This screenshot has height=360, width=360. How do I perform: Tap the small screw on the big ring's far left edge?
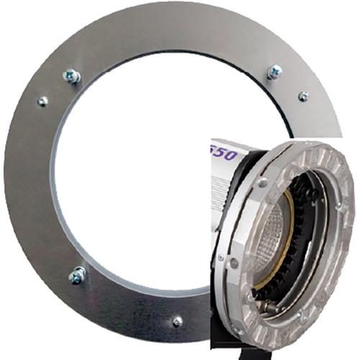(42, 102)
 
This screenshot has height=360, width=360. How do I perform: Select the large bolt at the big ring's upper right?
(274, 72)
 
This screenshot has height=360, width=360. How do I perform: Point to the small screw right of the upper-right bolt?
(303, 96)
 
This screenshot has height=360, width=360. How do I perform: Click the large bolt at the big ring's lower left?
(77, 274)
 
